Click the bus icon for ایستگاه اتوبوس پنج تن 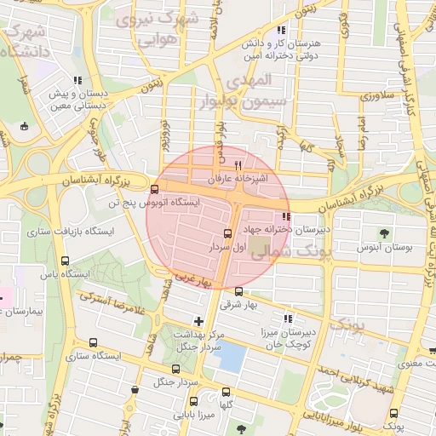[x=154, y=189]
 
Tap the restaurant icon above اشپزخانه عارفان [x=238, y=165]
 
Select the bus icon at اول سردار [x=227, y=232]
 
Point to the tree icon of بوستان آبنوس [x=383, y=232]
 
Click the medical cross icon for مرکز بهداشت [x=198, y=321]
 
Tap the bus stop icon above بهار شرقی [x=227, y=291]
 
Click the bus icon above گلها [x=226, y=393]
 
